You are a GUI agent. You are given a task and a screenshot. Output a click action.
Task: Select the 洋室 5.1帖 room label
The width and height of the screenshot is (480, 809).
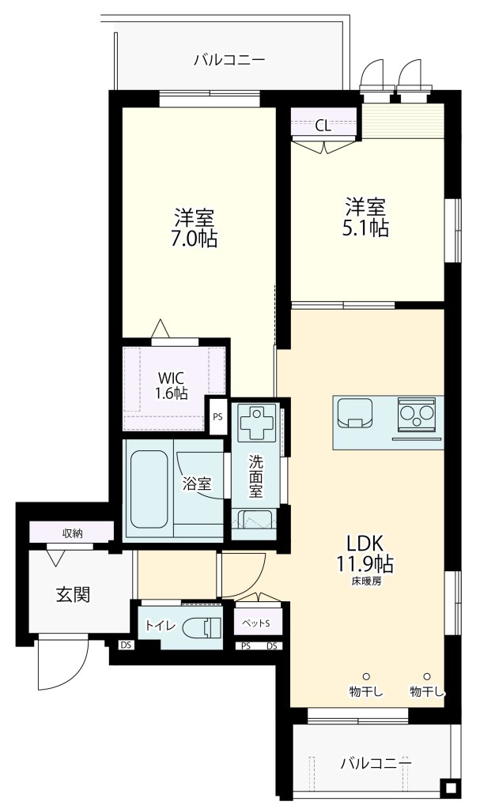pos(365,217)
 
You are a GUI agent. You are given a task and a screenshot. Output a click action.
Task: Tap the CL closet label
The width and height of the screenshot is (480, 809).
pos(323,125)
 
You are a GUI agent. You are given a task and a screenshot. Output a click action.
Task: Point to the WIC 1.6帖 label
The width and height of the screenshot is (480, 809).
pos(171,385)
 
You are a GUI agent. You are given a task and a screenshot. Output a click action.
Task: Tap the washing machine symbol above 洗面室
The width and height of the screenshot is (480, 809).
pos(256,422)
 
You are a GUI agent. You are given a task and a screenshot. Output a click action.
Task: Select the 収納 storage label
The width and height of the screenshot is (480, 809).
pos(72,533)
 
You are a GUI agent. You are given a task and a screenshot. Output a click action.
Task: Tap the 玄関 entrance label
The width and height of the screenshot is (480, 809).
pos(72,595)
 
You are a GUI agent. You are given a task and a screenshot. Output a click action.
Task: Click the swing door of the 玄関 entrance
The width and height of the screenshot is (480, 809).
pos(59,664)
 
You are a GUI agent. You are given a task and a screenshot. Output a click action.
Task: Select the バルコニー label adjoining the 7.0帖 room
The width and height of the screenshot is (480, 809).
pos(229,60)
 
